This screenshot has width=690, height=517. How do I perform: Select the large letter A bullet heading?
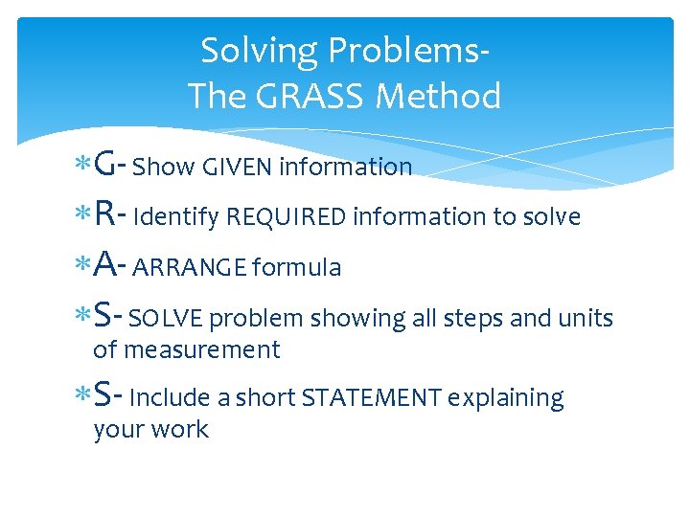click(106, 266)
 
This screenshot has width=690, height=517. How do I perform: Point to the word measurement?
click(200, 350)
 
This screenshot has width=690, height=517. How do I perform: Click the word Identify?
click(176, 217)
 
